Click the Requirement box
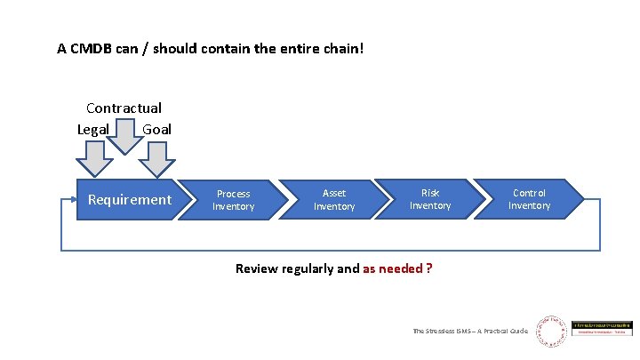(x=129, y=200)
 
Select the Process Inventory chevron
(x=235, y=200)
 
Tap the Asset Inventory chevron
(x=334, y=200)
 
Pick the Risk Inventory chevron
(x=430, y=200)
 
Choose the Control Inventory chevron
(x=530, y=200)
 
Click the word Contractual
(x=124, y=108)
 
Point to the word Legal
(x=93, y=129)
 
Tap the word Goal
(x=156, y=129)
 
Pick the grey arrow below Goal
(x=157, y=160)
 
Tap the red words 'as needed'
(x=392, y=268)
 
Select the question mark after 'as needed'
(x=429, y=268)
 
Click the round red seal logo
(x=550, y=331)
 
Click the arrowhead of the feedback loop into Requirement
(x=72, y=200)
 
